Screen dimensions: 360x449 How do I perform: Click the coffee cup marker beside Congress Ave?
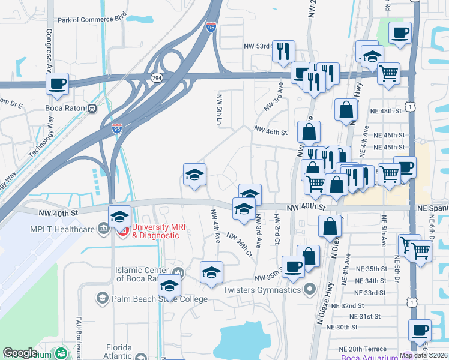tap(58, 84)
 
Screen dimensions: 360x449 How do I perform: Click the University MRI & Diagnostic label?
tap(155, 231)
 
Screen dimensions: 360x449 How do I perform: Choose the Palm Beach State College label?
tap(150, 299)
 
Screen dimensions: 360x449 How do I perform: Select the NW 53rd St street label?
tap(257, 46)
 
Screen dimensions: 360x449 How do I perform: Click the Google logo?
tap(20, 353)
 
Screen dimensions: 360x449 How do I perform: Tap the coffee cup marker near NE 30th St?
tap(420, 330)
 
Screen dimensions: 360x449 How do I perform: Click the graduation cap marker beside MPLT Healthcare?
tap(119, 216)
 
